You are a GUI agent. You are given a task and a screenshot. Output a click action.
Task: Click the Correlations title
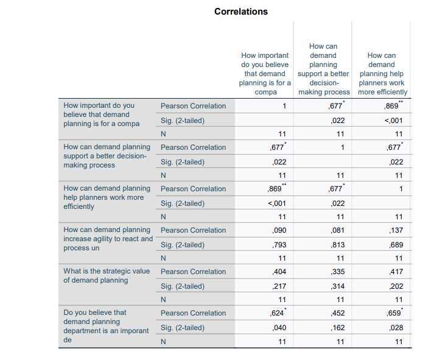tap(241, 12)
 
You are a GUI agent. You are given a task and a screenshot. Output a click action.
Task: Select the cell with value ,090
tap(279, 230)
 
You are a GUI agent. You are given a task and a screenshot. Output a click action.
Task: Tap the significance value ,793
tap(279, 245)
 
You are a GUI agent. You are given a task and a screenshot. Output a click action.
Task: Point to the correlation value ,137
tap(396, 230)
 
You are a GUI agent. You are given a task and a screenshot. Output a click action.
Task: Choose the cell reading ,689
tap(396, 245)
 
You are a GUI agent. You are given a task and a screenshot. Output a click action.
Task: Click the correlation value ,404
tap(279, 272)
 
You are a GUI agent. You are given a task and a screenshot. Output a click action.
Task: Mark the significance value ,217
tap(279, 286)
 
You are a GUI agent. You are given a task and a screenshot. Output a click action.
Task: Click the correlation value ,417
tap(396, 272)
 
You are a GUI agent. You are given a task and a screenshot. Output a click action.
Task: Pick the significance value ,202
tap(396, 286)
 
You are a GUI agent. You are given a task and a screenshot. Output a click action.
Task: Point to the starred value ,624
tap(278, 313)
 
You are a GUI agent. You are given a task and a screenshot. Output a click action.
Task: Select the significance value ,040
tap(279, 328)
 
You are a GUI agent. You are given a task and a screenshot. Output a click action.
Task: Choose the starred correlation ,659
tap(395, 313)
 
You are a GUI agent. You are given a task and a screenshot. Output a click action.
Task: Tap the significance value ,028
tap(396, 328)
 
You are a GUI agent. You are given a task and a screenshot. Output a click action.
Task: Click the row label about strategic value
tap(107, 275)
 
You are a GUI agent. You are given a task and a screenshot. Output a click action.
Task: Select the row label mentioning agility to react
tap(108, 239)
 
